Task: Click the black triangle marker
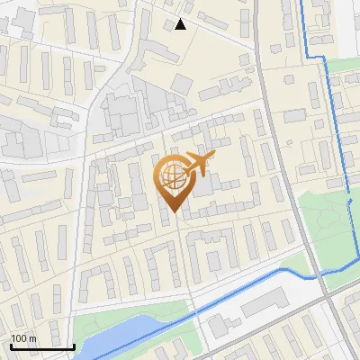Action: (181, 24)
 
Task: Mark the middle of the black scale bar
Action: (42, 346)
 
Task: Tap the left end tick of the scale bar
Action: (12, 345)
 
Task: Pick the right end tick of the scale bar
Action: (74, 345)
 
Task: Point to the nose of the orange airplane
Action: (213, 157)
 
